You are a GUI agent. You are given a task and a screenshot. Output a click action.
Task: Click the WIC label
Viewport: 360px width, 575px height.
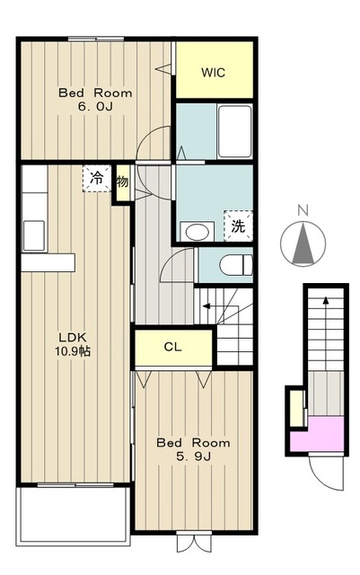(x=213, y=73)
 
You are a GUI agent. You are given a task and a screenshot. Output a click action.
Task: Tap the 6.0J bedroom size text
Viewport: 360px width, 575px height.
(x=95, y=107)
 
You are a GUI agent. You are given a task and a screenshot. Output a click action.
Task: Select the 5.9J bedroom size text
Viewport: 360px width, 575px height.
(x=193, y=456)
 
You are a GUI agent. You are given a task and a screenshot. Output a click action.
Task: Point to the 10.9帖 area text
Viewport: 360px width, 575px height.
(x=73, y=351)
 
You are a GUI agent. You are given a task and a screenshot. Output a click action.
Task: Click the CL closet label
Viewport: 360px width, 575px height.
(x=173, y=347)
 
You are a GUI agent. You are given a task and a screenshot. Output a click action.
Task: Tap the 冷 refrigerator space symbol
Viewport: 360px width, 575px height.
(x=97, y=179)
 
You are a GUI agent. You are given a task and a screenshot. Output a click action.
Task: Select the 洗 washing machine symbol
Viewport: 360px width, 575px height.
(x=238, y=226)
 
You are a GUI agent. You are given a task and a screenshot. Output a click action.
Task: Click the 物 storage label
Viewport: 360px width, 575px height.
(x=123, y=181)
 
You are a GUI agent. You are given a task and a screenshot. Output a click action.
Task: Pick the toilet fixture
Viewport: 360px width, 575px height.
(x=236, y=265)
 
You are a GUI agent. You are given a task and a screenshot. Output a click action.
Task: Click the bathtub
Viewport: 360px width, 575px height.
(x=234, y=131)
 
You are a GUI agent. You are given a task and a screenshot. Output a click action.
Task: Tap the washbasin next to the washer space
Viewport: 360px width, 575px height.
(x=198, y=231)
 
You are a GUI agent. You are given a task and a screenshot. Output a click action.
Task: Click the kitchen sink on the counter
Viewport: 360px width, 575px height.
(x=34, y=235)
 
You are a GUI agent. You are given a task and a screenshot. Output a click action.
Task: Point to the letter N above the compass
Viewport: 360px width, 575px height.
(x=303, y=211)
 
